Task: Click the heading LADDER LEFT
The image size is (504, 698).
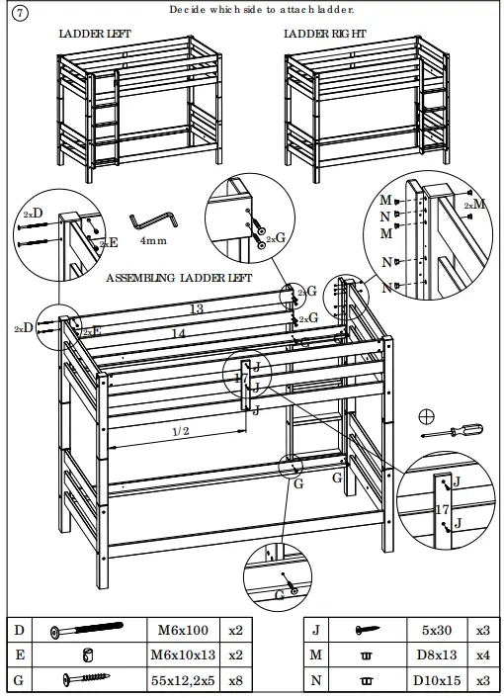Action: pos(95,34)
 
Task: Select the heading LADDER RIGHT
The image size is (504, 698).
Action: pos(324,34)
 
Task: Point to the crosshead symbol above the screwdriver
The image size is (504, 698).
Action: pos(427,414)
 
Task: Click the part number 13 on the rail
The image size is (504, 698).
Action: pos(197,309)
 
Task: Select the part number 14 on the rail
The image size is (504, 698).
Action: pos(178,334)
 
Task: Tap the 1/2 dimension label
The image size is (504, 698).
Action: pos(181,431)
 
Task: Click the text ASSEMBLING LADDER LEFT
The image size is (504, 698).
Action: pos(179,278)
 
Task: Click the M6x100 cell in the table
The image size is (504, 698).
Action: pos(183,629)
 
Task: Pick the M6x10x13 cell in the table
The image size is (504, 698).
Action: pos(183,654)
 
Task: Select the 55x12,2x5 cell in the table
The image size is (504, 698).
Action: pos(183,679)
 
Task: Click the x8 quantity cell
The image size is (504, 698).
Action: pos(235,679)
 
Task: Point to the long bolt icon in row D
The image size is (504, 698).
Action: pos(90,629)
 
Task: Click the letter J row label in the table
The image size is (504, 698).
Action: pos(316,629)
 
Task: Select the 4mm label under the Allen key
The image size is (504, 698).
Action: pos(152,240)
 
